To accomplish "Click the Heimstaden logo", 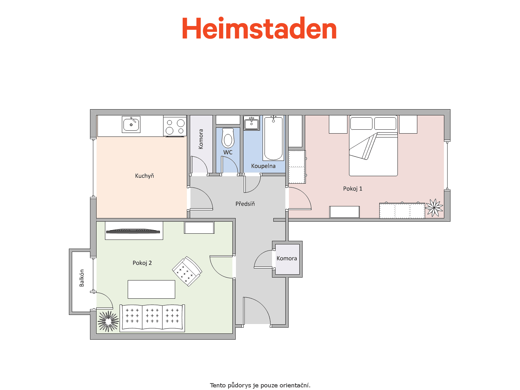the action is pos(259,28).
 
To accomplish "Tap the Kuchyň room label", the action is pos(144,176).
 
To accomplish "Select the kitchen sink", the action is pos(131,124).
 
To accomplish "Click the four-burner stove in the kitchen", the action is pos(175,126).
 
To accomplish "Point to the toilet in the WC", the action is pos(228,138).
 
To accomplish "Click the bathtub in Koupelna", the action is pos(273,138).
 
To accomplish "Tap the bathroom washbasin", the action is pos(251,123).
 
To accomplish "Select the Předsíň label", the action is pos(245,204).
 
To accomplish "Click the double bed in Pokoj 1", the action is pos(373,146).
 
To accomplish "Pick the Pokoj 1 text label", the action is pos(353,189).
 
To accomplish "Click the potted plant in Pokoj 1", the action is pos(434,208).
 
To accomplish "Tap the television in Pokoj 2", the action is pos(133,231).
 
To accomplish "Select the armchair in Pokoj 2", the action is pos(187,271).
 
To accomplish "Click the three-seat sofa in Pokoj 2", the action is pos(152,318).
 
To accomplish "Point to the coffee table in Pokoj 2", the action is pos(151,289).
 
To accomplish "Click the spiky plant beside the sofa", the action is pos(108,321).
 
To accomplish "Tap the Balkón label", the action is pos(82,278).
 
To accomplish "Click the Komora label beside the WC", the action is pos(201,139).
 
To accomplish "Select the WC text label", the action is pos(228,152).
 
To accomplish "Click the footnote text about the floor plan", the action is pos(260,385).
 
